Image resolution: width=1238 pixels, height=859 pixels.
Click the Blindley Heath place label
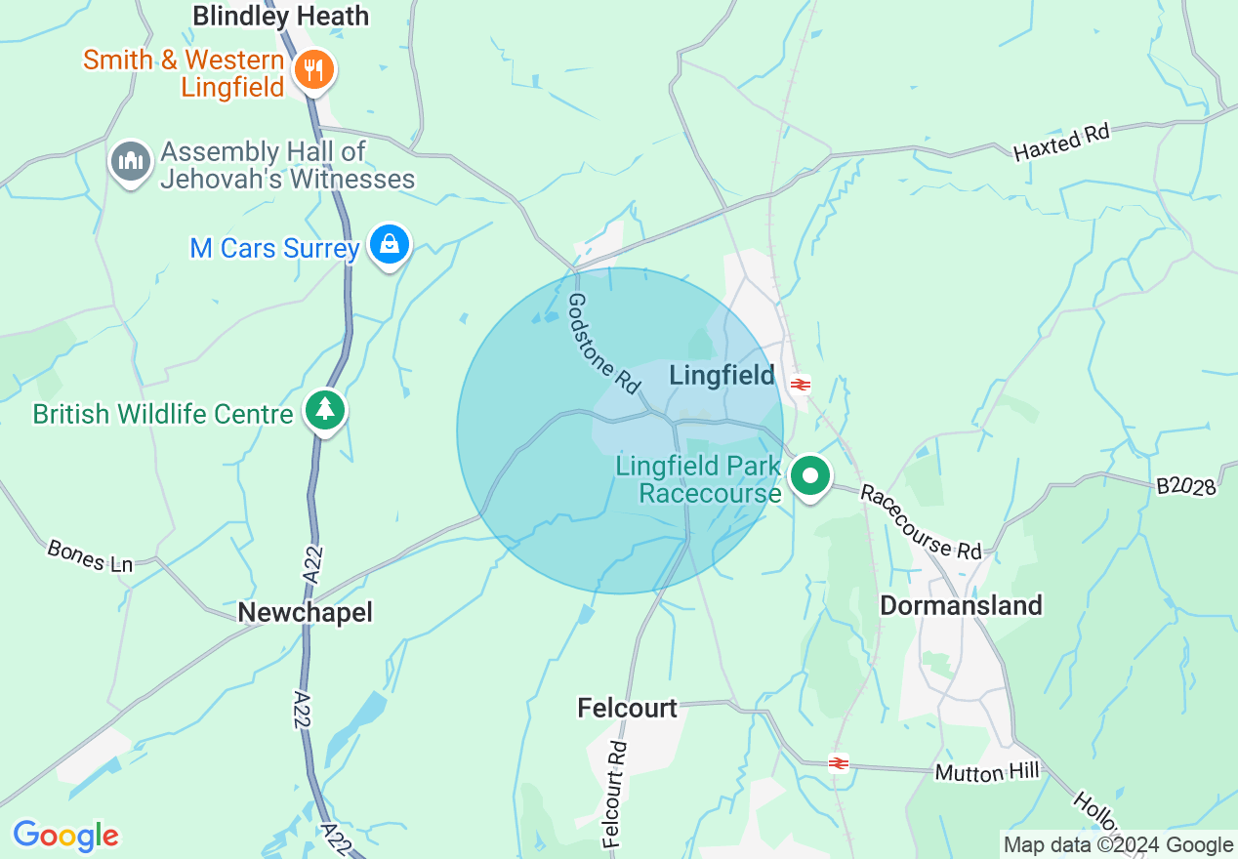(281, 17)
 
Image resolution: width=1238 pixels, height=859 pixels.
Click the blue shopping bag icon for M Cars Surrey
(390, 246)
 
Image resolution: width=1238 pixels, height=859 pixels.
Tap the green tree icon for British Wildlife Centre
(324, 411)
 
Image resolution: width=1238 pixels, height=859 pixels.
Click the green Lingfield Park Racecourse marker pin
(808, 477)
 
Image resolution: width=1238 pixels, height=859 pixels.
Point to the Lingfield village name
(722, 376)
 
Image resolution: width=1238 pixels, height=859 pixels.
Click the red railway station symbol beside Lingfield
(801, 385)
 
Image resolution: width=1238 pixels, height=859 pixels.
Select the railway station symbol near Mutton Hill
(838, 762)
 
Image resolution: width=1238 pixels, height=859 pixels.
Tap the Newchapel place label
(305, 612)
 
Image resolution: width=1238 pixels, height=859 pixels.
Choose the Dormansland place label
(961, 605)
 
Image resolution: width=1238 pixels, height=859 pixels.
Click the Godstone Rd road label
(604, 343)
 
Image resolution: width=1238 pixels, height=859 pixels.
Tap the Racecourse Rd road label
(921, 522)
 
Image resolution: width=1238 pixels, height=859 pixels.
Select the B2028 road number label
(1186, 485)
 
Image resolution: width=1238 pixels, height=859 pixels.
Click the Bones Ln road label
(90, 555)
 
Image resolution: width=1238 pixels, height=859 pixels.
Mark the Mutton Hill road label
(987, 772)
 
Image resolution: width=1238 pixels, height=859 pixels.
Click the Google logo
(65, 836)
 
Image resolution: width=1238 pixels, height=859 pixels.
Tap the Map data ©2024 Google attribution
(1119, 845)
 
